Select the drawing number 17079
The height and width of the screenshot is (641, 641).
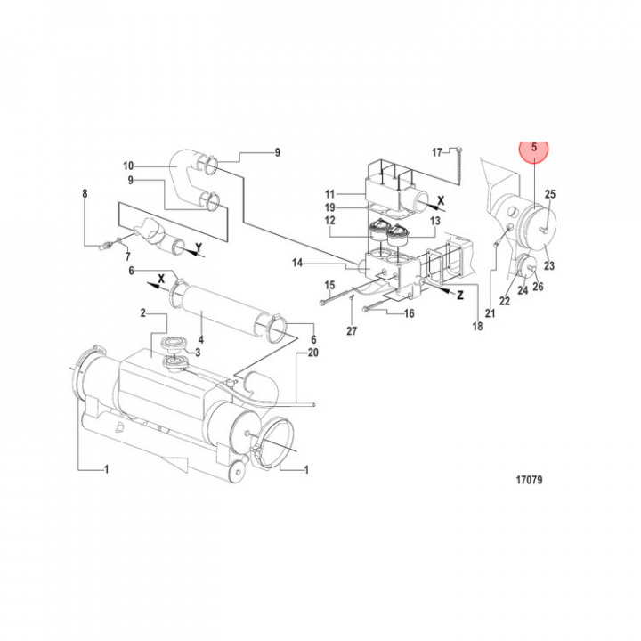529,480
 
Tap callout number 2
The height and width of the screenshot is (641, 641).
142,313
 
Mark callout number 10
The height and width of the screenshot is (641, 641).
128,166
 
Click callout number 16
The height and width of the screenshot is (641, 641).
410,314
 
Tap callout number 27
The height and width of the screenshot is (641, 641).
351,331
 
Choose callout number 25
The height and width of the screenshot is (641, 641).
549,194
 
